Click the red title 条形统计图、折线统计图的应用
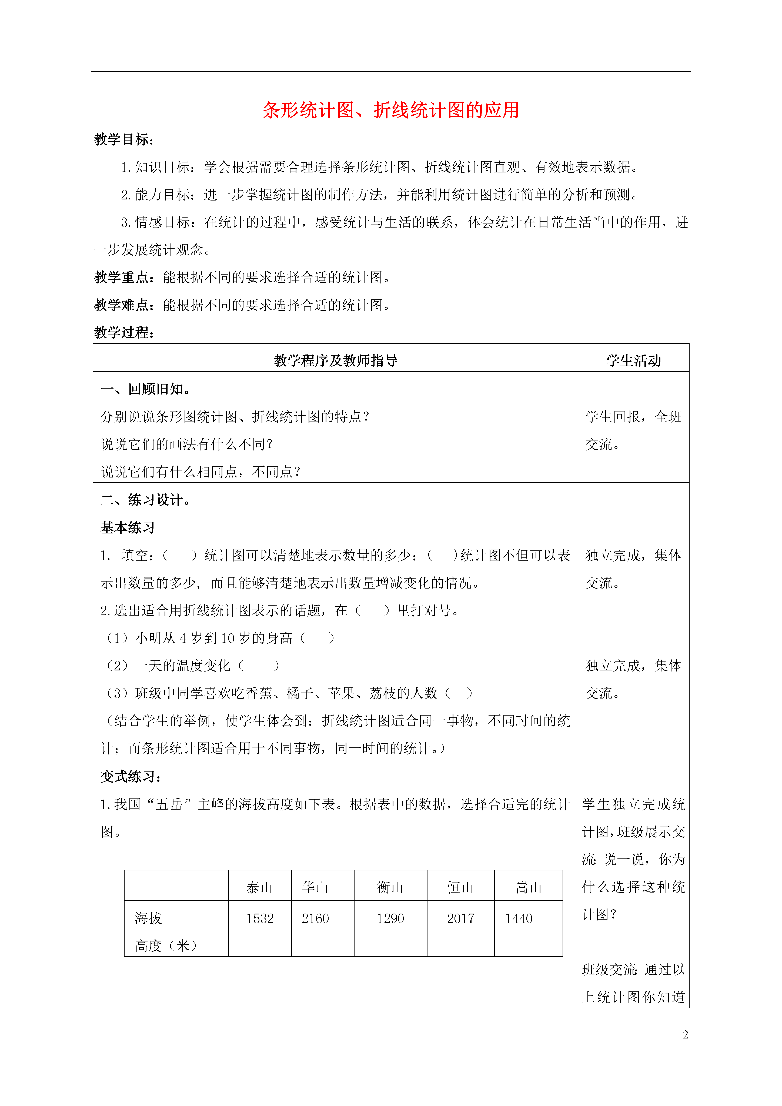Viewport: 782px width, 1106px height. (x=391, y=110)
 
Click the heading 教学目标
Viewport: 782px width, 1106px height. (x=123, y=140)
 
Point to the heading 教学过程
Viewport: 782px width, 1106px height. (x=123, y=332)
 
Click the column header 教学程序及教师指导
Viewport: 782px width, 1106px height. (x=335, y=360)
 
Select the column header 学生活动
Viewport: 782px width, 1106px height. (x=633, y=360)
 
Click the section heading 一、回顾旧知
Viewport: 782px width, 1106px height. (x=145, y=389)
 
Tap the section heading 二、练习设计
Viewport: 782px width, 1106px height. (x=145, y=500)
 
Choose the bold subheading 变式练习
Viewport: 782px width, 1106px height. (x=130, y=777)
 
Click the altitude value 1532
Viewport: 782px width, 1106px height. (x=260, y=919)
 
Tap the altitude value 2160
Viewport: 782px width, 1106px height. (x=315, y=919)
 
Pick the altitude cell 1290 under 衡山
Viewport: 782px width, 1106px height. (x=390, y=919)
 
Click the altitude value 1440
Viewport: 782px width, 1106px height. (x=519, y=919)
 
